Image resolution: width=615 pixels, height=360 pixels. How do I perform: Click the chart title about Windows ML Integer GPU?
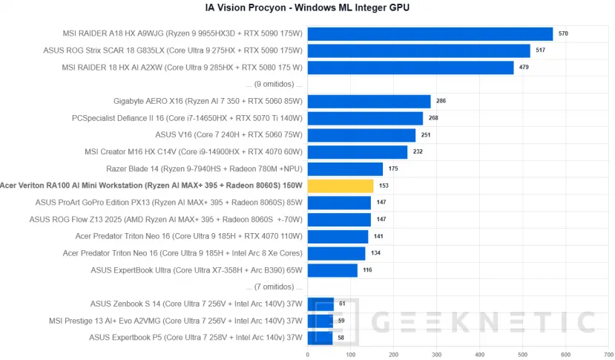[x=307, y=8]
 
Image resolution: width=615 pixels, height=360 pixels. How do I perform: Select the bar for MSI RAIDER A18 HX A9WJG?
[x=430, y=33]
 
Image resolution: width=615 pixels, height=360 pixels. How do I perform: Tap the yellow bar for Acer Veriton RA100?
[x=340, y=186]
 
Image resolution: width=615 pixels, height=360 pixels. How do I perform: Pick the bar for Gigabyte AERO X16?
[x=369, y=101]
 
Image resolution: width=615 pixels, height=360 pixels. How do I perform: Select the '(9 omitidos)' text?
[x=274, y=84]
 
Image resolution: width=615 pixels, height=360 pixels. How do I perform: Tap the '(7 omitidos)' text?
[x=274, y=287]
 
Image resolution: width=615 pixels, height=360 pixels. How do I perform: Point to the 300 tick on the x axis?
[x=436, y=354]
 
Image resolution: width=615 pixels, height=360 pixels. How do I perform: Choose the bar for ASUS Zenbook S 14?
[x=320, y=304]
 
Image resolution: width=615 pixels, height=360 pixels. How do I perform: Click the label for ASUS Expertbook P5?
[x=196, y=338]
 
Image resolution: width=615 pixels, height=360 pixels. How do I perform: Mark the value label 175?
[x=393, y=169]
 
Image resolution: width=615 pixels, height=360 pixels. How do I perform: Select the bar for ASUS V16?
[x=361, y=135]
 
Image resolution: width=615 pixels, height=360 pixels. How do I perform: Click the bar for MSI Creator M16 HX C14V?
[x=357, y=152]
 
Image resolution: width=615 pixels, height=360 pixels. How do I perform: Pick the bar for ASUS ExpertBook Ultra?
[x=332, y=270]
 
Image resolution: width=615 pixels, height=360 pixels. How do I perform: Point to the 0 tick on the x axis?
[x=307, y=354]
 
